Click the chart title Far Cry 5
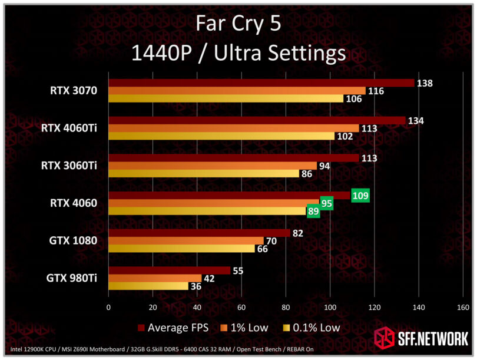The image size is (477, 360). pyautogui.click(x=238, y=25)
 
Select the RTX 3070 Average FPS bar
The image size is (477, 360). pyautogui.click(x=261, y=83)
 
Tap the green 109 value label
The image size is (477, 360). pyautogui.click(x=360, y=195)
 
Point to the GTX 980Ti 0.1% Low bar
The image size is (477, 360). pyautogui.click(x=148, y=286)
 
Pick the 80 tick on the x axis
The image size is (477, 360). pyautogui.click(x=286, y=307)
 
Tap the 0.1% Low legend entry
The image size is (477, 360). pyautogui.click(x=312, y=327)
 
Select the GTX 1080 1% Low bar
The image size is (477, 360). pyautogui.click(x=185, y=241)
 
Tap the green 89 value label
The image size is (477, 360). pyautogui.click(x=314, y=211)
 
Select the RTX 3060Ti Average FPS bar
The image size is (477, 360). pyautogui.click(x=233, y=158)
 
